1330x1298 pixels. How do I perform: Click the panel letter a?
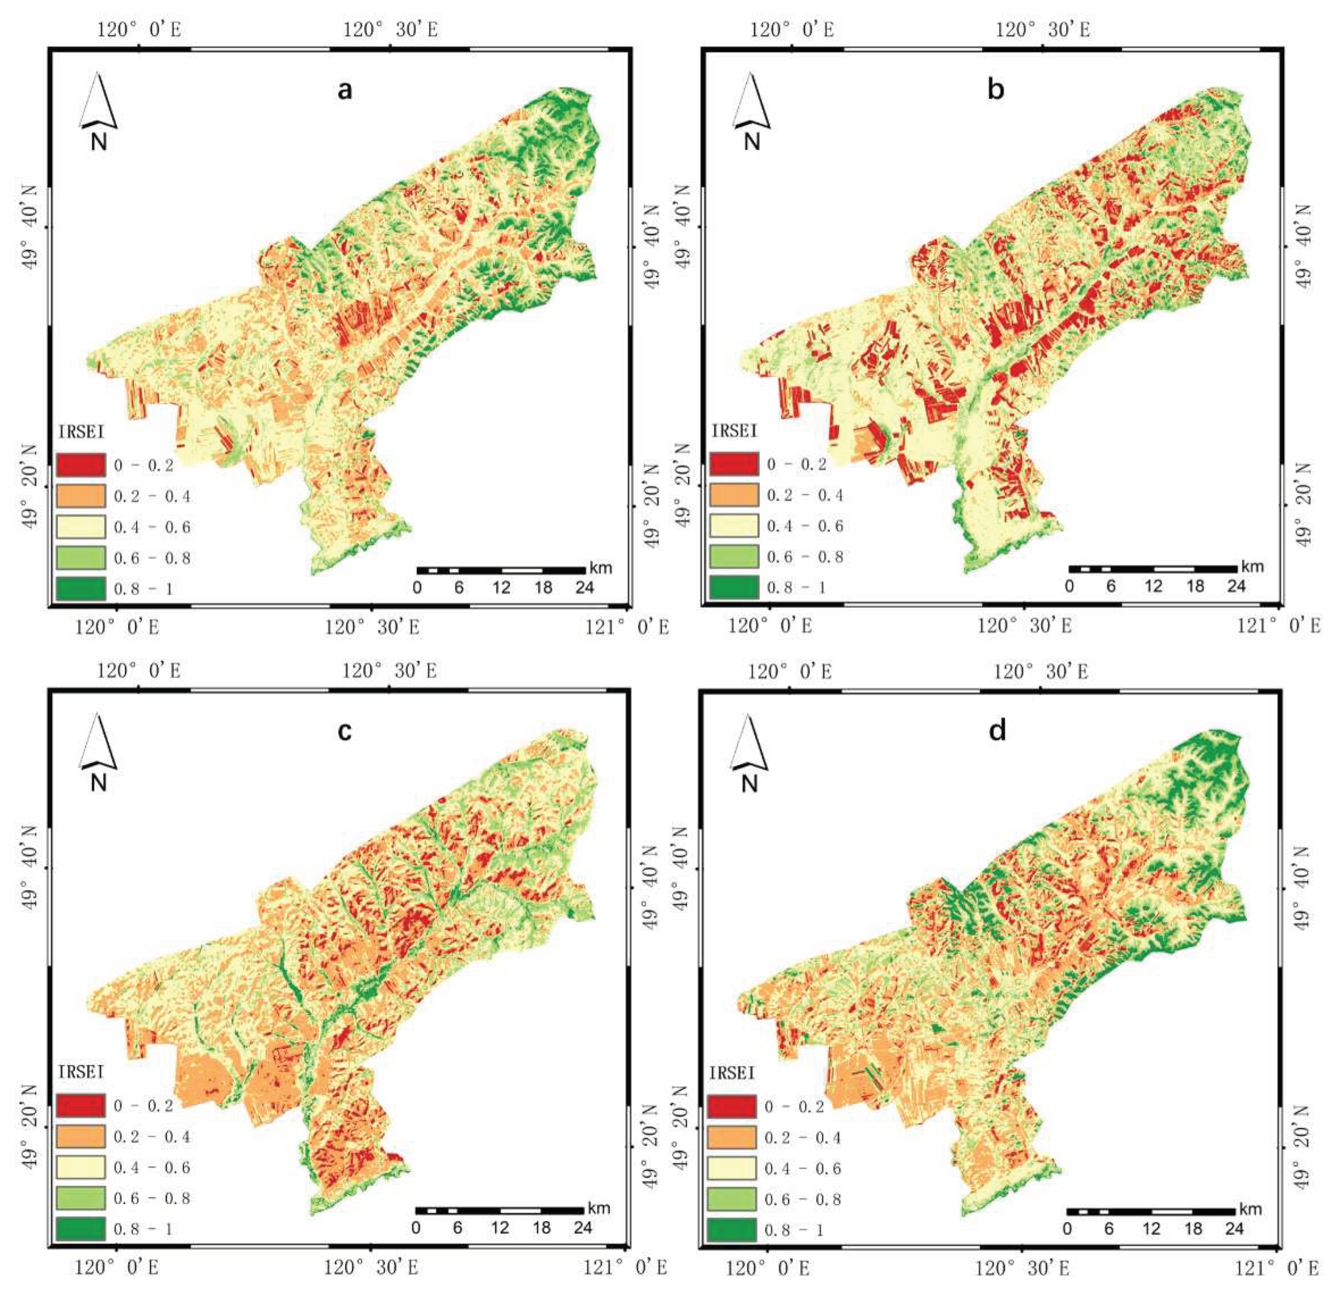click(x=345, y=89)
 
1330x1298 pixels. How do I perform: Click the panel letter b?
click(x=996, y=89)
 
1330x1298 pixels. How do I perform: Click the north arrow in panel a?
click(x=99, y=109)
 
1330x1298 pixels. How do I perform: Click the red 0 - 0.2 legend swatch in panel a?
click(x=81, y=465)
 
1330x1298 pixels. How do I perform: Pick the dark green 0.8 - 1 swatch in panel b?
click(x=734, y=587)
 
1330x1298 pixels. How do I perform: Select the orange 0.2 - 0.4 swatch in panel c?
click(x=81, y=1136)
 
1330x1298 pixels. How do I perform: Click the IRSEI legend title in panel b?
click(x=734, y=431)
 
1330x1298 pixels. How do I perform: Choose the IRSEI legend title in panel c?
click(x=81, y=1072)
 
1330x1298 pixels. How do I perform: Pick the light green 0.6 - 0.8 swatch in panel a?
click(x=81, y=558)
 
